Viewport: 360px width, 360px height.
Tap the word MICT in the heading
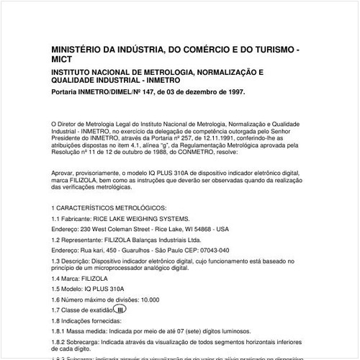(x=66, y=62)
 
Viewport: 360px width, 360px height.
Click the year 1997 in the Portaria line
(x=234, y=92)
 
